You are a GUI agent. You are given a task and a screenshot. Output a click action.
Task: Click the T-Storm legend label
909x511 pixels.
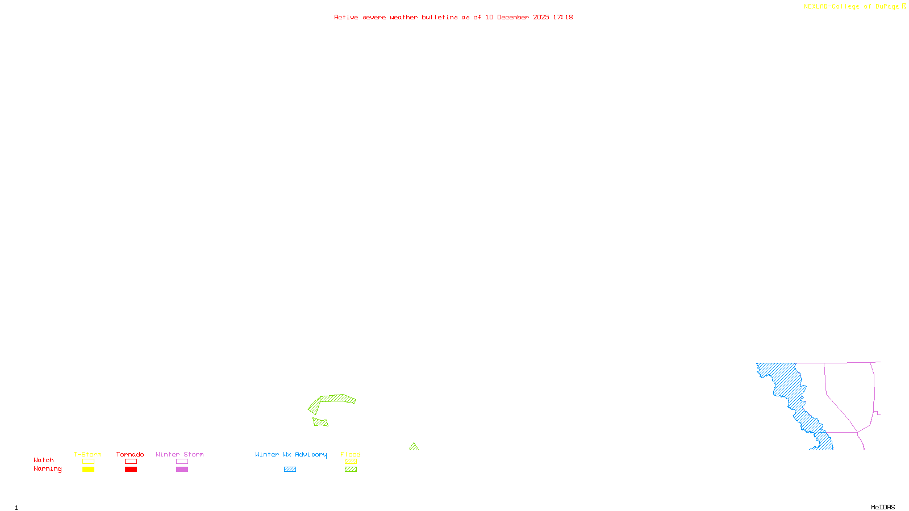pos(87,454)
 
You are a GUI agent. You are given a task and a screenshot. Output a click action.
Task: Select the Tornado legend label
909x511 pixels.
pos(130,454)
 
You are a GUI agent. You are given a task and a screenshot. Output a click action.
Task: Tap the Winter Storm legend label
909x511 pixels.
pos(180,454)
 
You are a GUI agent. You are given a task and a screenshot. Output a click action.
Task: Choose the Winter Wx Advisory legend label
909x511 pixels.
pos(291,454)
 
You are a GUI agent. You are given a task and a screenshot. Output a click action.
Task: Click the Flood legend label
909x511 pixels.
pos(351,454)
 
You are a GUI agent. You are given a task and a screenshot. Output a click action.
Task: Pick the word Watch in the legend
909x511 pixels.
pos(44,460)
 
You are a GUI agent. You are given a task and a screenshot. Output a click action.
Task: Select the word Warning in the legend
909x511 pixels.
pos(47,469)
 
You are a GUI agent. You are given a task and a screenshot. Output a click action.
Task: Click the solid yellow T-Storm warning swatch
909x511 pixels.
pos(88,470)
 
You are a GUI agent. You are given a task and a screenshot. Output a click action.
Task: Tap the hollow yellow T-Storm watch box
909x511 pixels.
pos(88,462)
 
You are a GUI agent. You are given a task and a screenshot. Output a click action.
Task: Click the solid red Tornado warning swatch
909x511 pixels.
pos(131,470)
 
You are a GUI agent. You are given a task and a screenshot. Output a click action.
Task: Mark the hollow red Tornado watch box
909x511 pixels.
pos(131,462)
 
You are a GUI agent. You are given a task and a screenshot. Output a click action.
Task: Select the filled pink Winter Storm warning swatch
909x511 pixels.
pos(182,470)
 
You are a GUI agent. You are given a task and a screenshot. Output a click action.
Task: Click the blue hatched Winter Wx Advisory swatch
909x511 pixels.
pos(290,470)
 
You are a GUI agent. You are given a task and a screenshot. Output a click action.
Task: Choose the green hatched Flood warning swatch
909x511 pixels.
pos(351,470)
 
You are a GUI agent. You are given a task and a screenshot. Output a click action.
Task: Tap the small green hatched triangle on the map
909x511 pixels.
pos(414,447)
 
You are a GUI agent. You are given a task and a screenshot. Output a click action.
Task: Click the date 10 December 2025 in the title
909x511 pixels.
pos(517,17)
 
